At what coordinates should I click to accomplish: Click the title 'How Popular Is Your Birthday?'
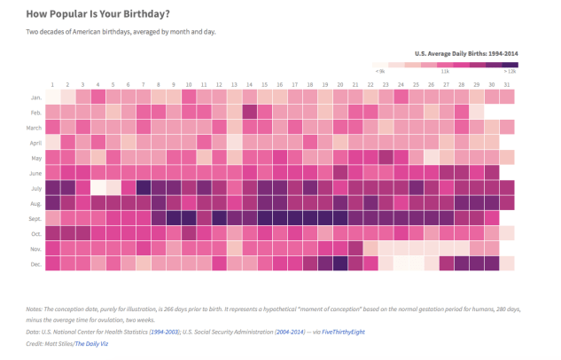click(97, 14)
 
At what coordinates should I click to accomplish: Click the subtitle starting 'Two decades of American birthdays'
click(121, 32)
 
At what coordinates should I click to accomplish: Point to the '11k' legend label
click(444, 71)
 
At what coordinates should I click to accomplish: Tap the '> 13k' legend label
click(510, 71)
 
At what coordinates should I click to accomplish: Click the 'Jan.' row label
click(36, 97)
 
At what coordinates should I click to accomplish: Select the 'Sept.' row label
click(35, 217)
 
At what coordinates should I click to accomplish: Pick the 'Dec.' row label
click(36, 263)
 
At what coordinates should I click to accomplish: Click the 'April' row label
click(35, 142)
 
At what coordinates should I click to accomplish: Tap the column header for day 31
click(506, 84)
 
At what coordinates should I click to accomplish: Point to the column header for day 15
click(264, 84)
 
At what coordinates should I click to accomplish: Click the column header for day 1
click(53, 84)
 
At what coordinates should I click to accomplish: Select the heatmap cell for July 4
click(98, 187)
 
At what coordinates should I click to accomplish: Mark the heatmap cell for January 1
click(53, 97)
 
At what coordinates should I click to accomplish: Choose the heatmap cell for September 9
click(174, 217)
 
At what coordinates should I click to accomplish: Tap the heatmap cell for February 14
click(249, 112)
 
